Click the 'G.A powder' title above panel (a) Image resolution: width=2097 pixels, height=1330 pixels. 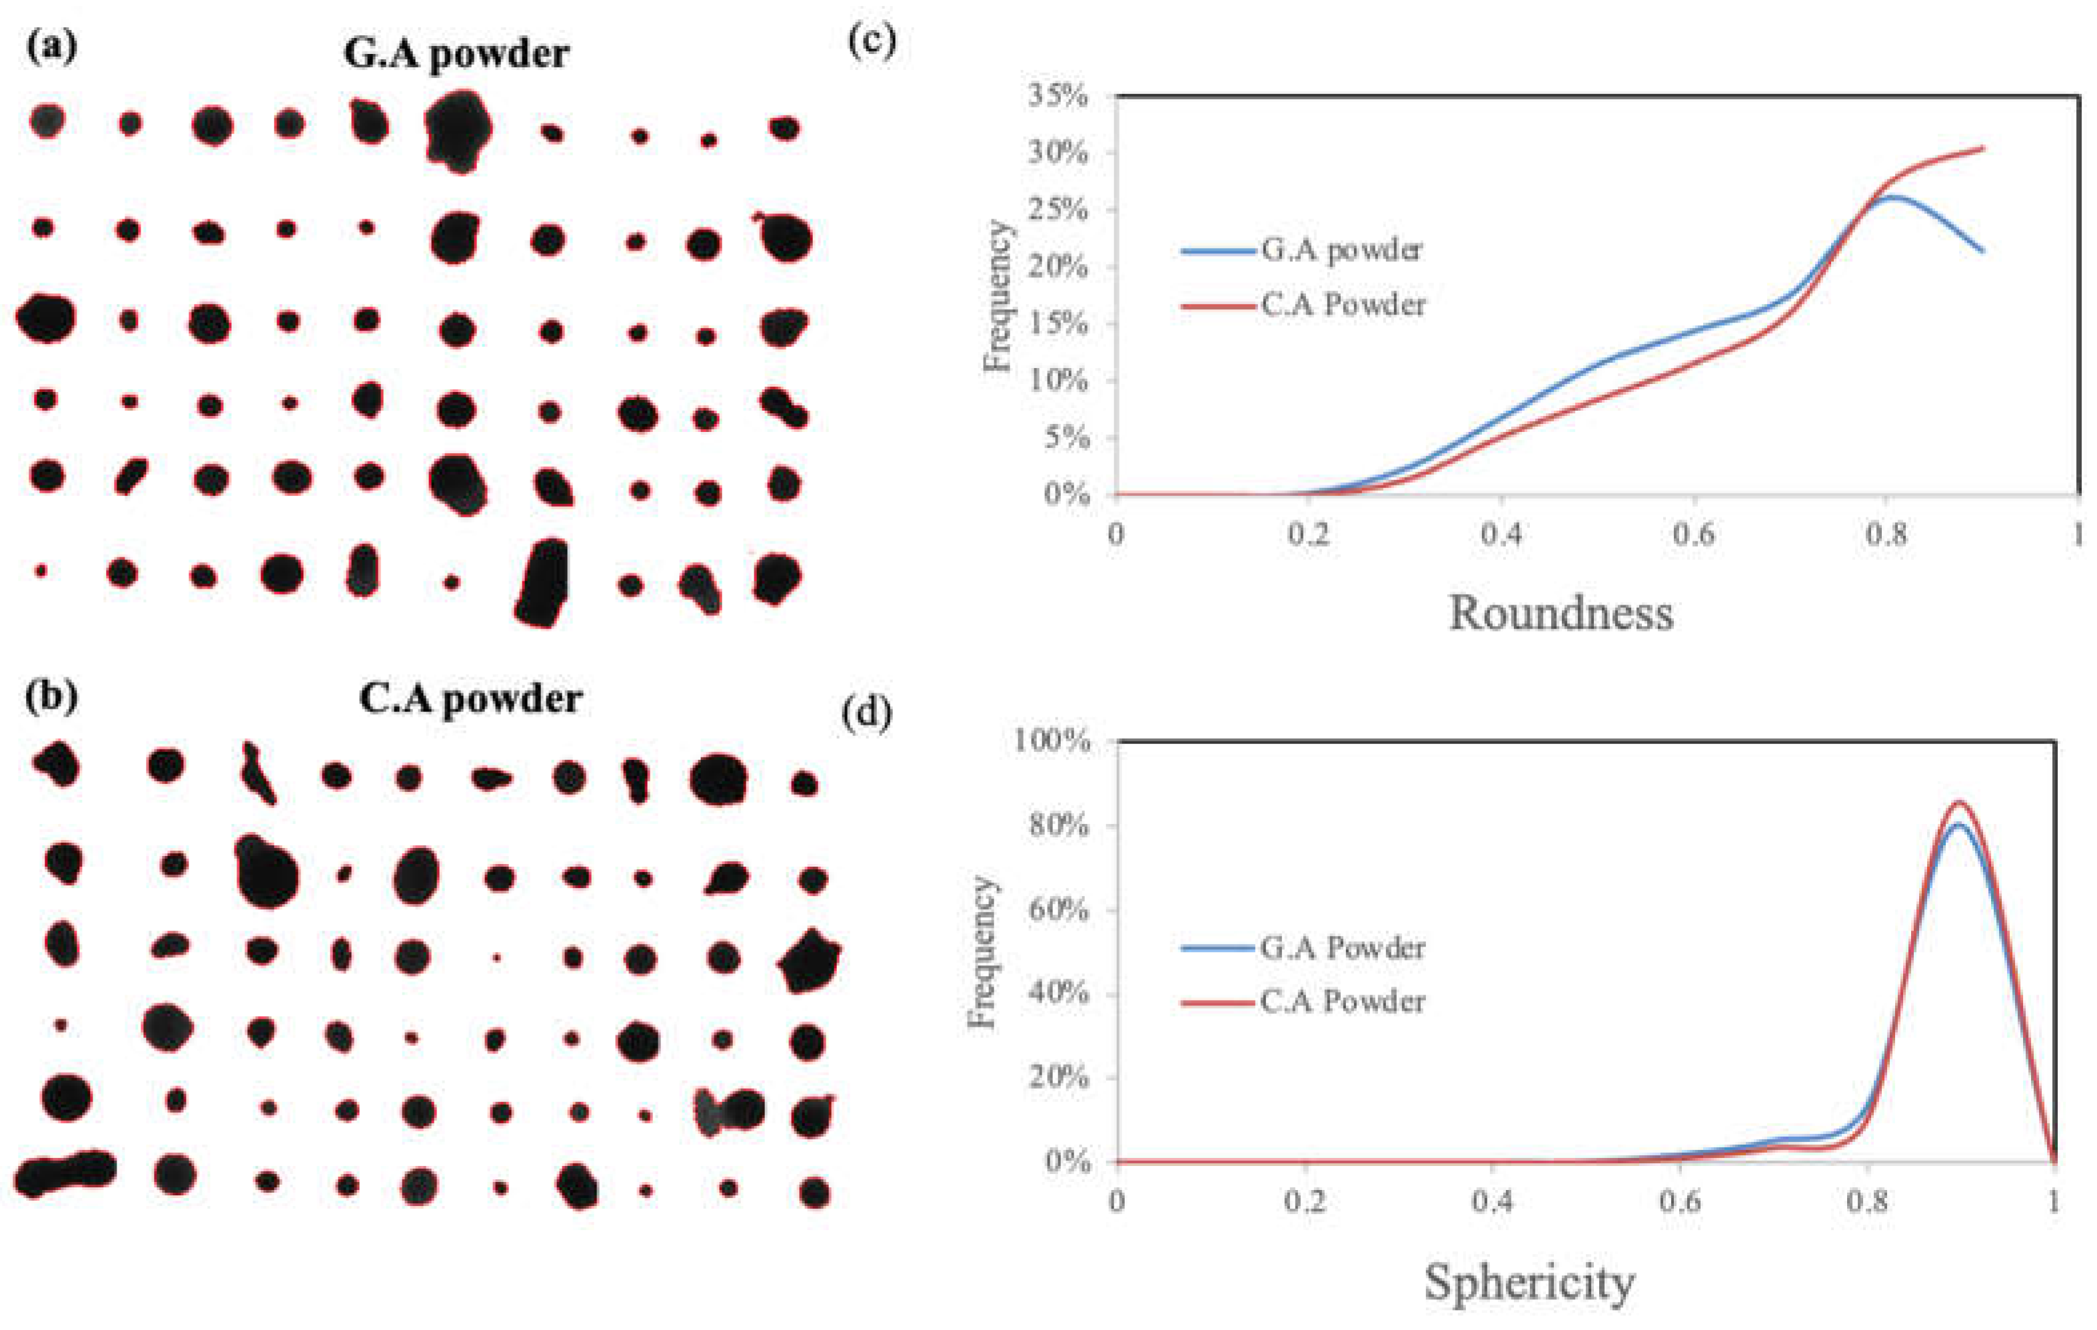(456, 54)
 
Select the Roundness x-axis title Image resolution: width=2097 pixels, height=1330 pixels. (1561, 614)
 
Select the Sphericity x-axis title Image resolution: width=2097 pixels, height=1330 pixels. (1529, 1283)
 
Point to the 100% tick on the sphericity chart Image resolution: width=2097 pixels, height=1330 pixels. (1051, 741)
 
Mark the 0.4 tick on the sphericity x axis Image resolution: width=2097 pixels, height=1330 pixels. (1492, 1202)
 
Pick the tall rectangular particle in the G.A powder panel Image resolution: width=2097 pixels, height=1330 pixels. (542, 583)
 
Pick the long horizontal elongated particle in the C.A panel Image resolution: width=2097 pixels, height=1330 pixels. (65, 1174)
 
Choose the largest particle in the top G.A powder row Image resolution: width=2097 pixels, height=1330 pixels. (458, 131)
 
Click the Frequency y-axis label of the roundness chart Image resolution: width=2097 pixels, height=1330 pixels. (997, 296)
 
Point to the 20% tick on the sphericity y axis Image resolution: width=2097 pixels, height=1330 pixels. (1057, 1077)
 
